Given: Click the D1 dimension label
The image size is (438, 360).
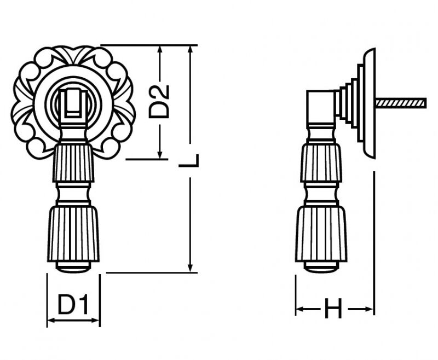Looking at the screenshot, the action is pos(73,304).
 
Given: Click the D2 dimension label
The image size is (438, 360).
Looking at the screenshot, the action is pos(159,102).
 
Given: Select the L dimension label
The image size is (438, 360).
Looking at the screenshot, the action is pos(189,161).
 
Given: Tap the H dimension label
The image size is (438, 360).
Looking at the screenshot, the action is pos(333,309).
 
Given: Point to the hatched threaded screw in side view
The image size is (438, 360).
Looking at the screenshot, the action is pos(401,103).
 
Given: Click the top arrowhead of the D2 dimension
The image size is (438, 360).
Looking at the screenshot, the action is pos(160,49).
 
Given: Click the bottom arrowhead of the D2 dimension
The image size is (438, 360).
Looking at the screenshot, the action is pos(160,155).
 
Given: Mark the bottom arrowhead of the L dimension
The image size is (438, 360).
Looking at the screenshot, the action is pos(190,268).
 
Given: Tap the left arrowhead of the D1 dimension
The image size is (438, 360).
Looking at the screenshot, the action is pos(51,321).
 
